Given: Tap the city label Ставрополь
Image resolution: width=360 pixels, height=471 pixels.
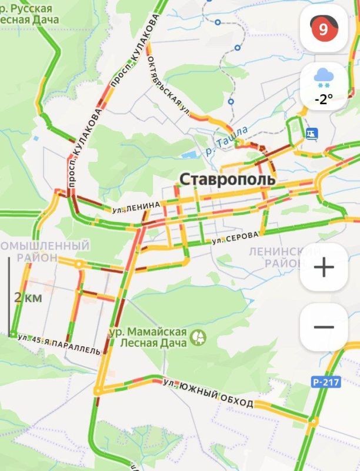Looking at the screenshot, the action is coord(226,179).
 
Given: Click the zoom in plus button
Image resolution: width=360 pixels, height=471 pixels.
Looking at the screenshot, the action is coord(324,267).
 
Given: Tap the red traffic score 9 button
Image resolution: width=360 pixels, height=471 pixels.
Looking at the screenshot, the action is coord(323,28).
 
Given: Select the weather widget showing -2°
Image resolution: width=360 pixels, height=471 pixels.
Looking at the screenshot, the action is coord(324,86).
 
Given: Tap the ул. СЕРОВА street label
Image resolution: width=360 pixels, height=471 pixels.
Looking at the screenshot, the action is coord(235,237).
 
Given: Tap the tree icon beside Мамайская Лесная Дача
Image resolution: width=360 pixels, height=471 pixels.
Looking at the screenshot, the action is coord(200,337).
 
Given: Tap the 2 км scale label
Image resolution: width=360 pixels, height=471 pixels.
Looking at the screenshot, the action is coord(28,297).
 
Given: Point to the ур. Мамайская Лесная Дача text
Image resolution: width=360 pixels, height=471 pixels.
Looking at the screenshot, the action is coord(148,337).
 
